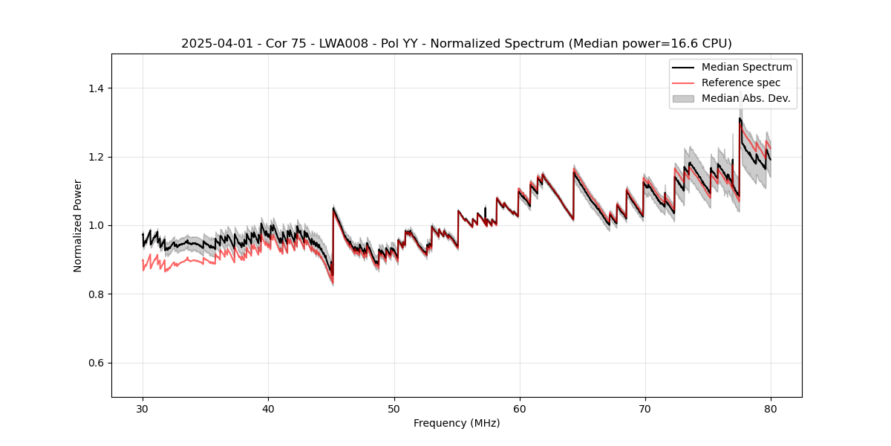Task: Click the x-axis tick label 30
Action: tap(143, 409)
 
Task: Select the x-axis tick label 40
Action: tap(268, 409)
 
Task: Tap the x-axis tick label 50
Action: tap(394, 409)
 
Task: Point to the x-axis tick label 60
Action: tap(520, 409)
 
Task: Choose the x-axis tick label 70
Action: tap(645, 409)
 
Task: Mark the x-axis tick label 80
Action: tap(771, 409)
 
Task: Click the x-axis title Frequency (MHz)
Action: tap(457, 423)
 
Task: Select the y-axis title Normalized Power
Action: tap(77, 225)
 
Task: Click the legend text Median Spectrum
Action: tap(746, 67)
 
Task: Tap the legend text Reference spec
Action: tap(741, 83)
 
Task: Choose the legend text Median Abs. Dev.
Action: tap(746, 98)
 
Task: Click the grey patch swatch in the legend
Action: tap(683, 98)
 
